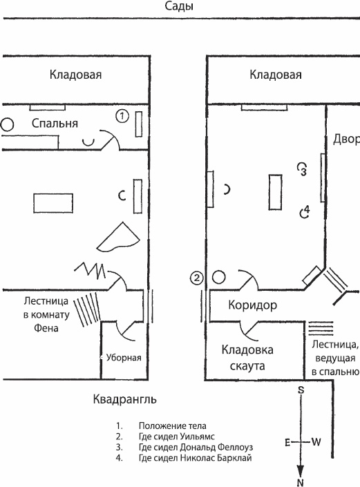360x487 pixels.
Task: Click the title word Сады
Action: pyautogui.click(x=179, y=7)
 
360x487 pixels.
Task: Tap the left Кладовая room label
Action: pyautogui.click(x=75, y=75)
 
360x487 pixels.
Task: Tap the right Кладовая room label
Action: pyautogui.click(x=276, y=75)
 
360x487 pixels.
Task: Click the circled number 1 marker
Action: pyautogui.click(x=122, y=116)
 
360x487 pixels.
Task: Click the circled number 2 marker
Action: pyautogui.click(x=197, y=278)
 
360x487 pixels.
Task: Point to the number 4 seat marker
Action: pyautogui.click(x=304, y=211)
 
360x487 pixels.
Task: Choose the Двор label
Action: pyautogui.click(x=346, y=139)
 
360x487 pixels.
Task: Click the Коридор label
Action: pyautogui.click(x=252, y=305)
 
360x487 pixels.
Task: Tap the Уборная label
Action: pyautogui.click(x=123, y=358)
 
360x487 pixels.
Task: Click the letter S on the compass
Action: pyautogui.click(x=301, y=390)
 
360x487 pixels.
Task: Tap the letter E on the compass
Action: pyautogui.click(x=287, y=442)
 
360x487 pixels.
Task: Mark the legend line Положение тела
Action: pyautogui.click(x=172, y=426)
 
